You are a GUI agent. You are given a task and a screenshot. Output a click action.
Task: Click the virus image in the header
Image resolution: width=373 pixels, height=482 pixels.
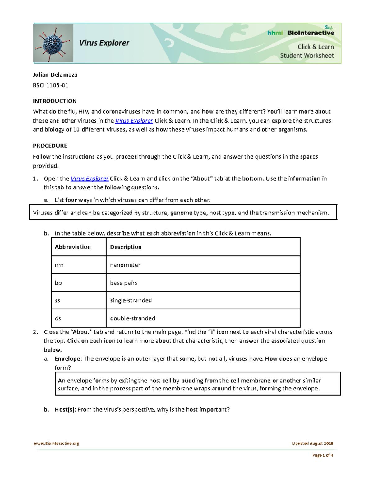(x=53, y=43)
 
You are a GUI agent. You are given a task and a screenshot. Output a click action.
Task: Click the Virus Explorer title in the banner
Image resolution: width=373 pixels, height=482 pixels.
(x=104, y=43)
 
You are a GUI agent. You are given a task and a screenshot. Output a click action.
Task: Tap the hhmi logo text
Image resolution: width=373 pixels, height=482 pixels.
(x=275, y=33)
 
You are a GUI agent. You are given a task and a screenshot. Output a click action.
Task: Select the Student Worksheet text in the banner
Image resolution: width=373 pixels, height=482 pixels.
(x=307, y=56)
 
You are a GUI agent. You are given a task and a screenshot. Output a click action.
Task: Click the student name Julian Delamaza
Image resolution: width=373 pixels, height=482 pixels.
(x=55, y=75)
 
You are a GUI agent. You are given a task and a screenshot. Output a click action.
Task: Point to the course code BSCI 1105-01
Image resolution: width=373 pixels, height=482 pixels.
(x=51, y=85)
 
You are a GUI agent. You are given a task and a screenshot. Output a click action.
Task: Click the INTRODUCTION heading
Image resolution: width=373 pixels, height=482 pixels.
(x=55, y=101)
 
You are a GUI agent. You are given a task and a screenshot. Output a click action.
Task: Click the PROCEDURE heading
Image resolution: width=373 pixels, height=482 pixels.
(x=50, y=146)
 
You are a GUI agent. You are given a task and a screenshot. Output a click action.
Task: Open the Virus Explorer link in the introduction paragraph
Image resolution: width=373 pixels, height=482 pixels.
(x=134, y=121)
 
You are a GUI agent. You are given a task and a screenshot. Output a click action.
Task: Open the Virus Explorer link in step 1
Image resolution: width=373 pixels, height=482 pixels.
(x=90, y=178)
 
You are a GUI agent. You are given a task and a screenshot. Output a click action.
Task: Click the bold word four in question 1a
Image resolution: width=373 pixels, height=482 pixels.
(x=71, y=200)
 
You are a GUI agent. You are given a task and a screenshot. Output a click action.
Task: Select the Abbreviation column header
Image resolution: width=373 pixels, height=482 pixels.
(x=73, y=247)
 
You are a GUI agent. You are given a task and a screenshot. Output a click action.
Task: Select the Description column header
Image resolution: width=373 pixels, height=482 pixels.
(x=126, y=247)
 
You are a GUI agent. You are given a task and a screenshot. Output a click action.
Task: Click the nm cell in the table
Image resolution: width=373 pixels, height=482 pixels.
(x=59, y=265)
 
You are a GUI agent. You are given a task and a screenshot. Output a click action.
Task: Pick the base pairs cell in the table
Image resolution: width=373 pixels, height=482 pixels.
(x=124, y=283)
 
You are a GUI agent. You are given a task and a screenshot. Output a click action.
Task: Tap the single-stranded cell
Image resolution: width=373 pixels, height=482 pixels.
(x=131, y=300)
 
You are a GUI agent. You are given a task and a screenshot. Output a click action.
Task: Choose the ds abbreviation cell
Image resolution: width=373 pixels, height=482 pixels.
(x=58, y=318)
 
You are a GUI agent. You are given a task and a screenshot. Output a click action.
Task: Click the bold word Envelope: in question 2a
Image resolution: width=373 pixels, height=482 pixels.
(x=68, y=359)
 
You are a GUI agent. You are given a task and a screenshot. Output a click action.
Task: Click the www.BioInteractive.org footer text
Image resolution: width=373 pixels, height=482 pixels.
(x=56, y=444)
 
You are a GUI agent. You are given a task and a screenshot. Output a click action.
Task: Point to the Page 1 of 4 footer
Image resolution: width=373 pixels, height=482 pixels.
(x=323, y=455)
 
